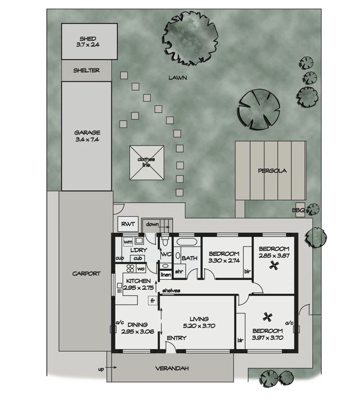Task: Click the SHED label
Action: point(88,39)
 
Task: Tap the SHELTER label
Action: point(86,70)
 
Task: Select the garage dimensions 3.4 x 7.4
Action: point(87,139)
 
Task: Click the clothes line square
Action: point(147,163)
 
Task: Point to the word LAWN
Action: point(178,78)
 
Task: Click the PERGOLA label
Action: point(272,170)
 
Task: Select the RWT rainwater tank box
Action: point(128,225)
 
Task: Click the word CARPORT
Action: point(86,274)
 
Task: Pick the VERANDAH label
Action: point(172,368)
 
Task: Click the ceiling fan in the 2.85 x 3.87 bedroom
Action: point(273,265)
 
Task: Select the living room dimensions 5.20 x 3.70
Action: point(199,326)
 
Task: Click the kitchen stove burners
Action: point(130,268)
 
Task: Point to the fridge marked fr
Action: point(152,300)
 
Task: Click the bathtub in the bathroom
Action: point(187,242)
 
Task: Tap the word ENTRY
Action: point(176,338)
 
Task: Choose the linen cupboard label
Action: point(166,275)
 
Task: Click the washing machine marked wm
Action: point(128,242)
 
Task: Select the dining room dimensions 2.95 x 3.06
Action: point(138,332)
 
